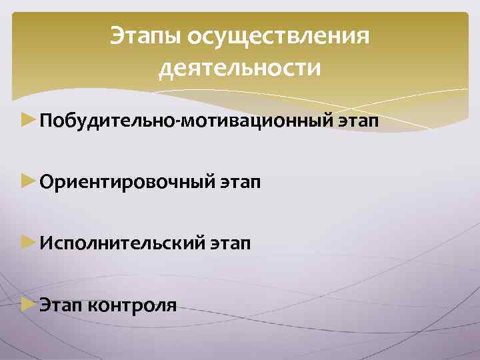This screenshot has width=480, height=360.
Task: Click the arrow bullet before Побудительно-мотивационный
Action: [x=29, y=121]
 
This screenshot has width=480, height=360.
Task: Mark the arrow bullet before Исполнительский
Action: [x=29, y=243]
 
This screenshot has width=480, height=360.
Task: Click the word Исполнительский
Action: [x=121, y=245]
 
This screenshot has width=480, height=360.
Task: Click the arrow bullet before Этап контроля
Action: [x=29, y=305]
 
